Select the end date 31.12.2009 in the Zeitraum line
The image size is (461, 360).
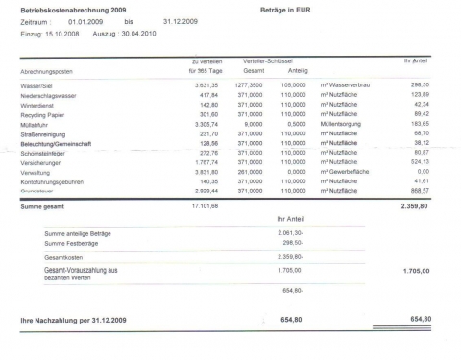coord(180,19)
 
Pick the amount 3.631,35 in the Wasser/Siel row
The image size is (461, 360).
coord(207,85)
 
